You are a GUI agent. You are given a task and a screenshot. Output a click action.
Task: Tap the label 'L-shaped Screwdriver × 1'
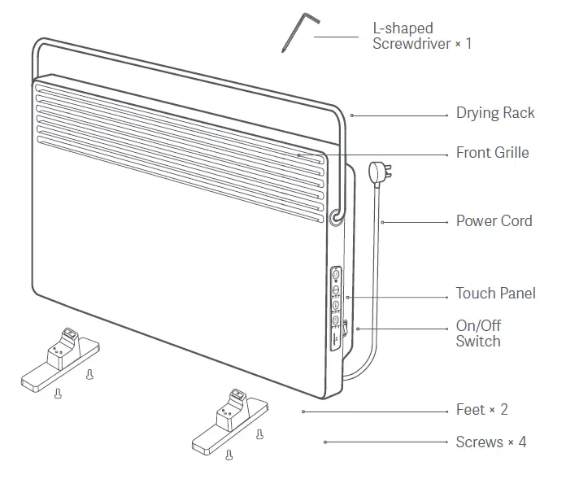coord(421,37)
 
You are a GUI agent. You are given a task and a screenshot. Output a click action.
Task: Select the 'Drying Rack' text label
coord(494,113)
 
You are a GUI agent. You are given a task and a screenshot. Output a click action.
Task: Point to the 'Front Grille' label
coord(492,153)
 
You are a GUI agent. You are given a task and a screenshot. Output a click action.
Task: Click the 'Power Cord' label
coord(494,221)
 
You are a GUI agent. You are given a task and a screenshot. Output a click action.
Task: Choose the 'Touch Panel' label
coord(495,294)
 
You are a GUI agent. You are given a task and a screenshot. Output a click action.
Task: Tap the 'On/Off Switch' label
coord(478,333)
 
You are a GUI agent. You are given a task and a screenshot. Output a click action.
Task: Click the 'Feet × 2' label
coord(481,410)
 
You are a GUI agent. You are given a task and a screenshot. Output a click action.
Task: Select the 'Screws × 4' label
coord(490,442)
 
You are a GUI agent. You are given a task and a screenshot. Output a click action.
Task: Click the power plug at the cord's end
coord(377,172)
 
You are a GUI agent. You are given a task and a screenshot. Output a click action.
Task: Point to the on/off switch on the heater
coord(345,330)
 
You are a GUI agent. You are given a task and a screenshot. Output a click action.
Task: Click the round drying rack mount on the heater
coord(335,216)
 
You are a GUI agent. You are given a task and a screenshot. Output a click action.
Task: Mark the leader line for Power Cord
coord(414,221)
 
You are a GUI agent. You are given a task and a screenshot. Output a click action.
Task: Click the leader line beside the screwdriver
coord(336,37)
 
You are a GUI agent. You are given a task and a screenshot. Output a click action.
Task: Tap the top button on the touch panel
coord(336,274)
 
